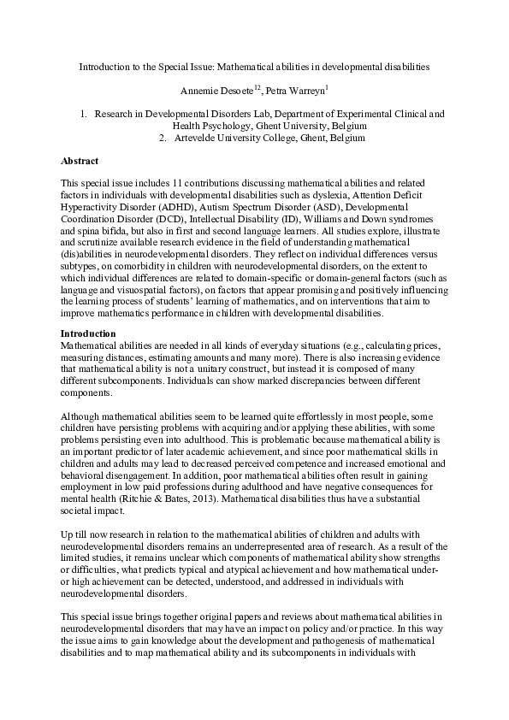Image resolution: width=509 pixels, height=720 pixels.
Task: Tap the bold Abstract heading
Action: click(x=80, y=161)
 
